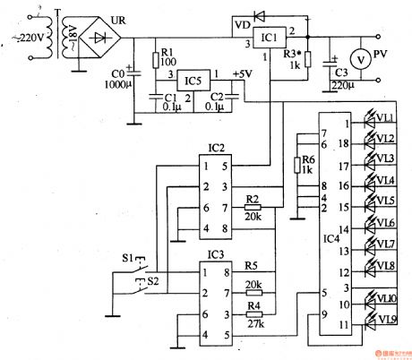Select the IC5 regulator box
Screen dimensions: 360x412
point(193,81)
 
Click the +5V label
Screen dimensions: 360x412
point(241,73)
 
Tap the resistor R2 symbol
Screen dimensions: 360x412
point(254,207)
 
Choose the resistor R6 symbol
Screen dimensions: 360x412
point(295,165)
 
